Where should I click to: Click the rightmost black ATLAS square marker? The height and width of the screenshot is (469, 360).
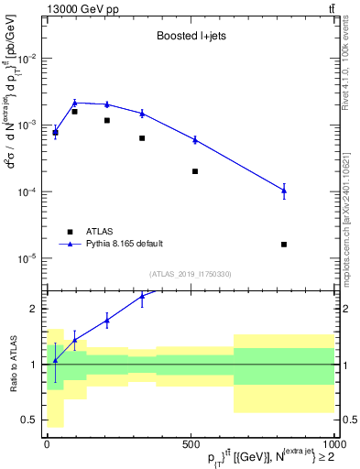tap(284, 245)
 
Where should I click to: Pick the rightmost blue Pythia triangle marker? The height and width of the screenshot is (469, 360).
tap(284, 191)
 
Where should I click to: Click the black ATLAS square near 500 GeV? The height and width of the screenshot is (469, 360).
tap(195, 171)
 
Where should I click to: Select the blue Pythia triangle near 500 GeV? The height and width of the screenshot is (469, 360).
tap(195, 139)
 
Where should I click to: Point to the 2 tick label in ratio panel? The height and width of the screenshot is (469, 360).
tap(35, 309)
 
